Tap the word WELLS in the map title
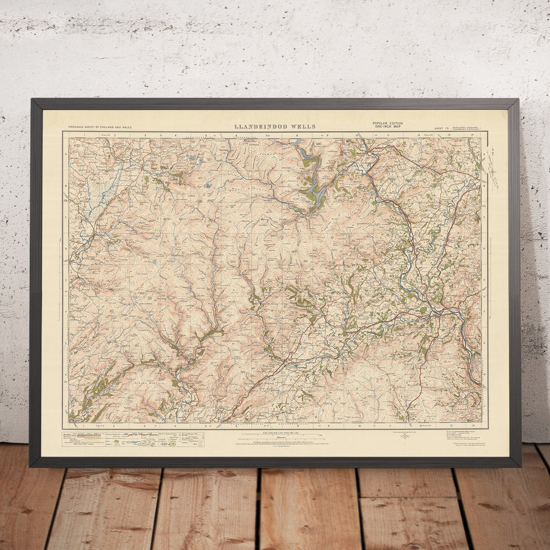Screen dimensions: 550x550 tap(304, 127)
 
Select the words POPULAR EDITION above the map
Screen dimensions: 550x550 tap(387, 123)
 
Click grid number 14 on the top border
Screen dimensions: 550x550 tap(472, 134)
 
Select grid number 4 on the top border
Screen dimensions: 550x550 tap(175, 134)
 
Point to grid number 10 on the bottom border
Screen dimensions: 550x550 tap(359, 425)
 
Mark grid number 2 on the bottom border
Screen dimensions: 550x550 tap(114, 425)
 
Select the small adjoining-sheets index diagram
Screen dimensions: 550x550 tap(404, 436)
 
